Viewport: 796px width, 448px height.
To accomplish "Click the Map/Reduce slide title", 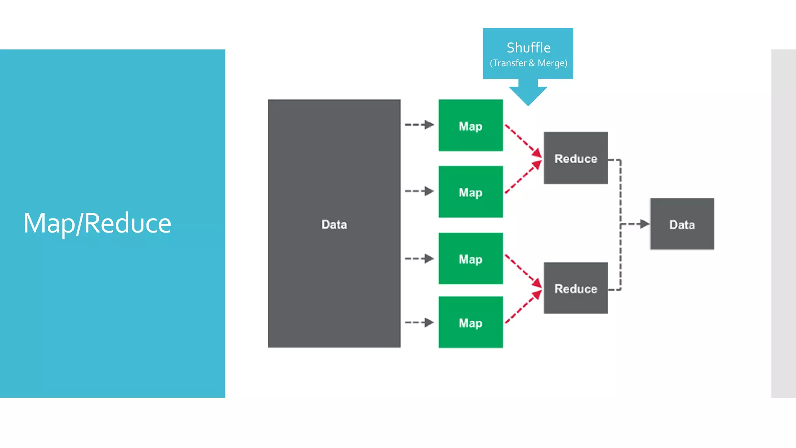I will (x=97, y=223).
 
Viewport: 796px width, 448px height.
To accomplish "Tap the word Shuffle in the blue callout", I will (x=528, y=48).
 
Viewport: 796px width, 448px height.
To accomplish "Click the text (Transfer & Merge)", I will (x=528, y=63).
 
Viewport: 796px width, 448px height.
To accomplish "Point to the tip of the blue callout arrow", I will (x=528, y=104).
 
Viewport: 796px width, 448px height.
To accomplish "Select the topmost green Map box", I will (x=470, y=125).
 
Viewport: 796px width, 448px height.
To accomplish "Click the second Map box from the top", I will (x=470, y=192).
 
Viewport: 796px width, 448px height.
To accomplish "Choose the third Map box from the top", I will (x=470, y=259).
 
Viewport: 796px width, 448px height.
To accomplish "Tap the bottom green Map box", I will (x=470, y=322).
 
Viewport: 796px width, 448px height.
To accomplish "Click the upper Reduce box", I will (x=576, y=158).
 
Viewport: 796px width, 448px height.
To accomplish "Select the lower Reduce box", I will (x=576, y=288).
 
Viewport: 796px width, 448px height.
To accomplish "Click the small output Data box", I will (x=682, y=224).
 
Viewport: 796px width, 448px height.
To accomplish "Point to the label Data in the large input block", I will (x=334, y=224).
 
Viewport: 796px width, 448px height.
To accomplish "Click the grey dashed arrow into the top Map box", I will (x=419, y=124).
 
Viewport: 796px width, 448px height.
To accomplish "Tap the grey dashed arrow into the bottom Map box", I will (x=419, y=322).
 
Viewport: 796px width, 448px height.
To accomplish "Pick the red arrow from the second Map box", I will (x=522, y=177).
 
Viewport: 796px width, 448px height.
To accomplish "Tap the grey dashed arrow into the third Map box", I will (x=419, y=258).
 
